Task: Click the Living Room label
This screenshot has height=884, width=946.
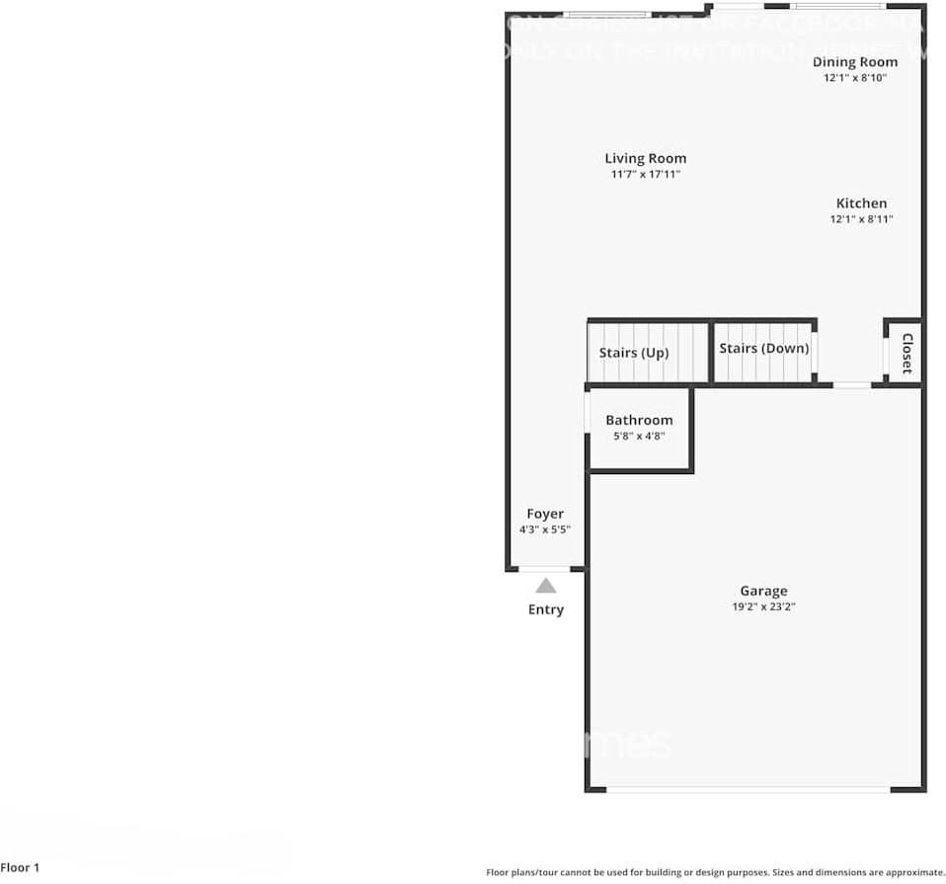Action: pos(645,158)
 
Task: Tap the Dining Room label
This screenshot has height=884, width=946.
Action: pos(855,62)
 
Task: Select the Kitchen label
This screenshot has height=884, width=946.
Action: pos(861,203)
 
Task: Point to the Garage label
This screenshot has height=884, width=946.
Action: pos(763,592)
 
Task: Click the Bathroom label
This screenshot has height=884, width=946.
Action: pos(639,420)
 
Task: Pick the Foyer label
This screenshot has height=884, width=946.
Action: pos(545,514)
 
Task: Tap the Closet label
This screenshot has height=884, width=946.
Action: pos(907,353)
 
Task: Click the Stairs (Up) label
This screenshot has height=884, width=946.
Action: pos(634,352)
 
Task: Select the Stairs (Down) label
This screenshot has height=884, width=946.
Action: pos(763,349)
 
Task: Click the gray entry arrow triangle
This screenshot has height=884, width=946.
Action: pos(545,586)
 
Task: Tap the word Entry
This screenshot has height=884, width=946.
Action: pos(545,609)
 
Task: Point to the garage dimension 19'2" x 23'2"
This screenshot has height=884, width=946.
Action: pos(763,607)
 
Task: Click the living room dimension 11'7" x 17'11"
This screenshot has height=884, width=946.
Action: pos(645,175)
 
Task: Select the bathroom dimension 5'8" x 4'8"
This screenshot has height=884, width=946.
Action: pos(639,436)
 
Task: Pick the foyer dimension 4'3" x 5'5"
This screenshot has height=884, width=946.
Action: pos(545,529)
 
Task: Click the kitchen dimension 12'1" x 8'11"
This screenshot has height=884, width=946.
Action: pos(861,219)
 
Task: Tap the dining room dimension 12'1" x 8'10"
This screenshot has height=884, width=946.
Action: pos(855,78)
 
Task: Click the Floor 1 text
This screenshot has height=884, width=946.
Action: pos(20,868)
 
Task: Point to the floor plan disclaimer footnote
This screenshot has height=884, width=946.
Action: pos(714,872)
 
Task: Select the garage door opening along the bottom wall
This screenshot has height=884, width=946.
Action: pos(749,789)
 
